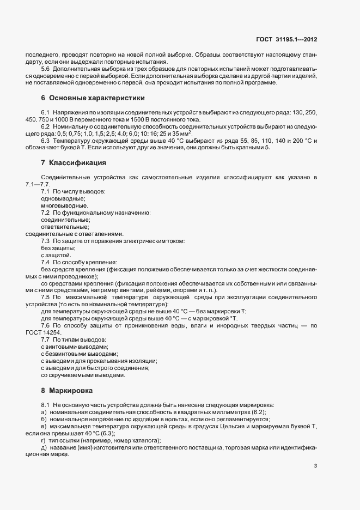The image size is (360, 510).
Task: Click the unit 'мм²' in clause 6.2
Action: [186, 133]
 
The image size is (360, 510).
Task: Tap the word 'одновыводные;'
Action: [59, 199]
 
